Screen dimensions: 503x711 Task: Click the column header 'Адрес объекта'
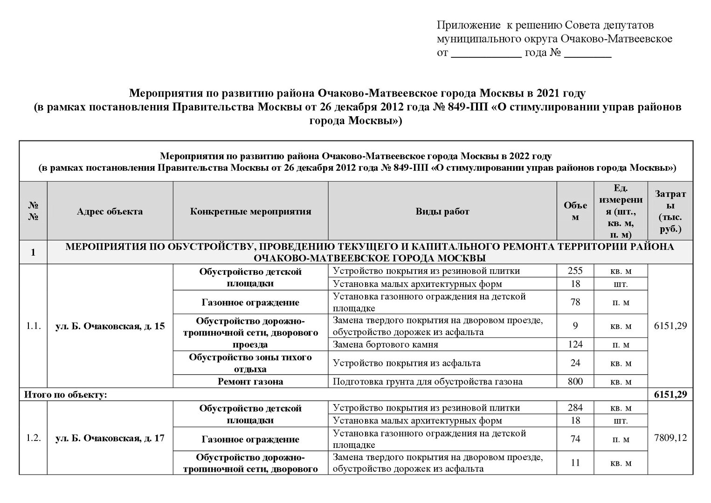click(110, 211)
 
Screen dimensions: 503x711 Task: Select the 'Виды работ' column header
click(442, 211)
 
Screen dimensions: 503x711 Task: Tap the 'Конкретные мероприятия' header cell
click(250, 211)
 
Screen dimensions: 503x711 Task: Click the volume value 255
click(575, 271)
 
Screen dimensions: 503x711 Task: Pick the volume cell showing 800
click(575, 381)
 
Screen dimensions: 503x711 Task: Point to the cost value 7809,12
click(670, 438)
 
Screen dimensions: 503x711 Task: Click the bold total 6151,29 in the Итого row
click(670, 394)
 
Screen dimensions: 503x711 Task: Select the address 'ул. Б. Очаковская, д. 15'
click(110, 326)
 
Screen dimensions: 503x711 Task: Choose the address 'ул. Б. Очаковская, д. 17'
click(110, 439)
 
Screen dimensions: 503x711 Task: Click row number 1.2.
click(33, 438)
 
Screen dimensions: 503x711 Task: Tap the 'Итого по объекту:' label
click(66, 395)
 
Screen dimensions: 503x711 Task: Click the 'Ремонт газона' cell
click(250, 381)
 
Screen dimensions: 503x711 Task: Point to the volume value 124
click(575, 345)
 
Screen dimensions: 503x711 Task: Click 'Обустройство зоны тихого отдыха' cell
click(250, 363)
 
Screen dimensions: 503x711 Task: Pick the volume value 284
click(575, 408)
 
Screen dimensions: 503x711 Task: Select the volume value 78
click(575, 302)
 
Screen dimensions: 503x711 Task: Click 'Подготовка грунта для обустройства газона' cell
click(428, 381)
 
